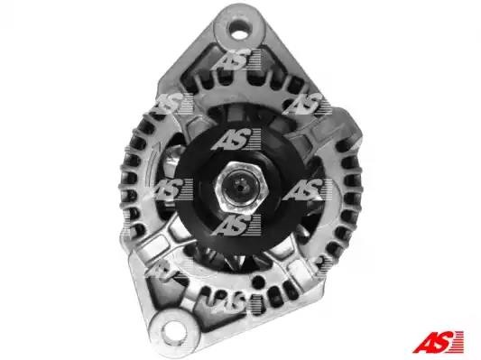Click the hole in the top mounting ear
pos(239,30)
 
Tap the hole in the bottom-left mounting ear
pos(173,332)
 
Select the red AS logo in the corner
pos(438,342)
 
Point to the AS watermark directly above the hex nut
pos(236,139)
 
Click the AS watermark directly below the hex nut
pos(236,225)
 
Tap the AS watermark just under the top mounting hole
pos(236,60)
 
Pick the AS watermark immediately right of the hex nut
pos(307,189)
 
